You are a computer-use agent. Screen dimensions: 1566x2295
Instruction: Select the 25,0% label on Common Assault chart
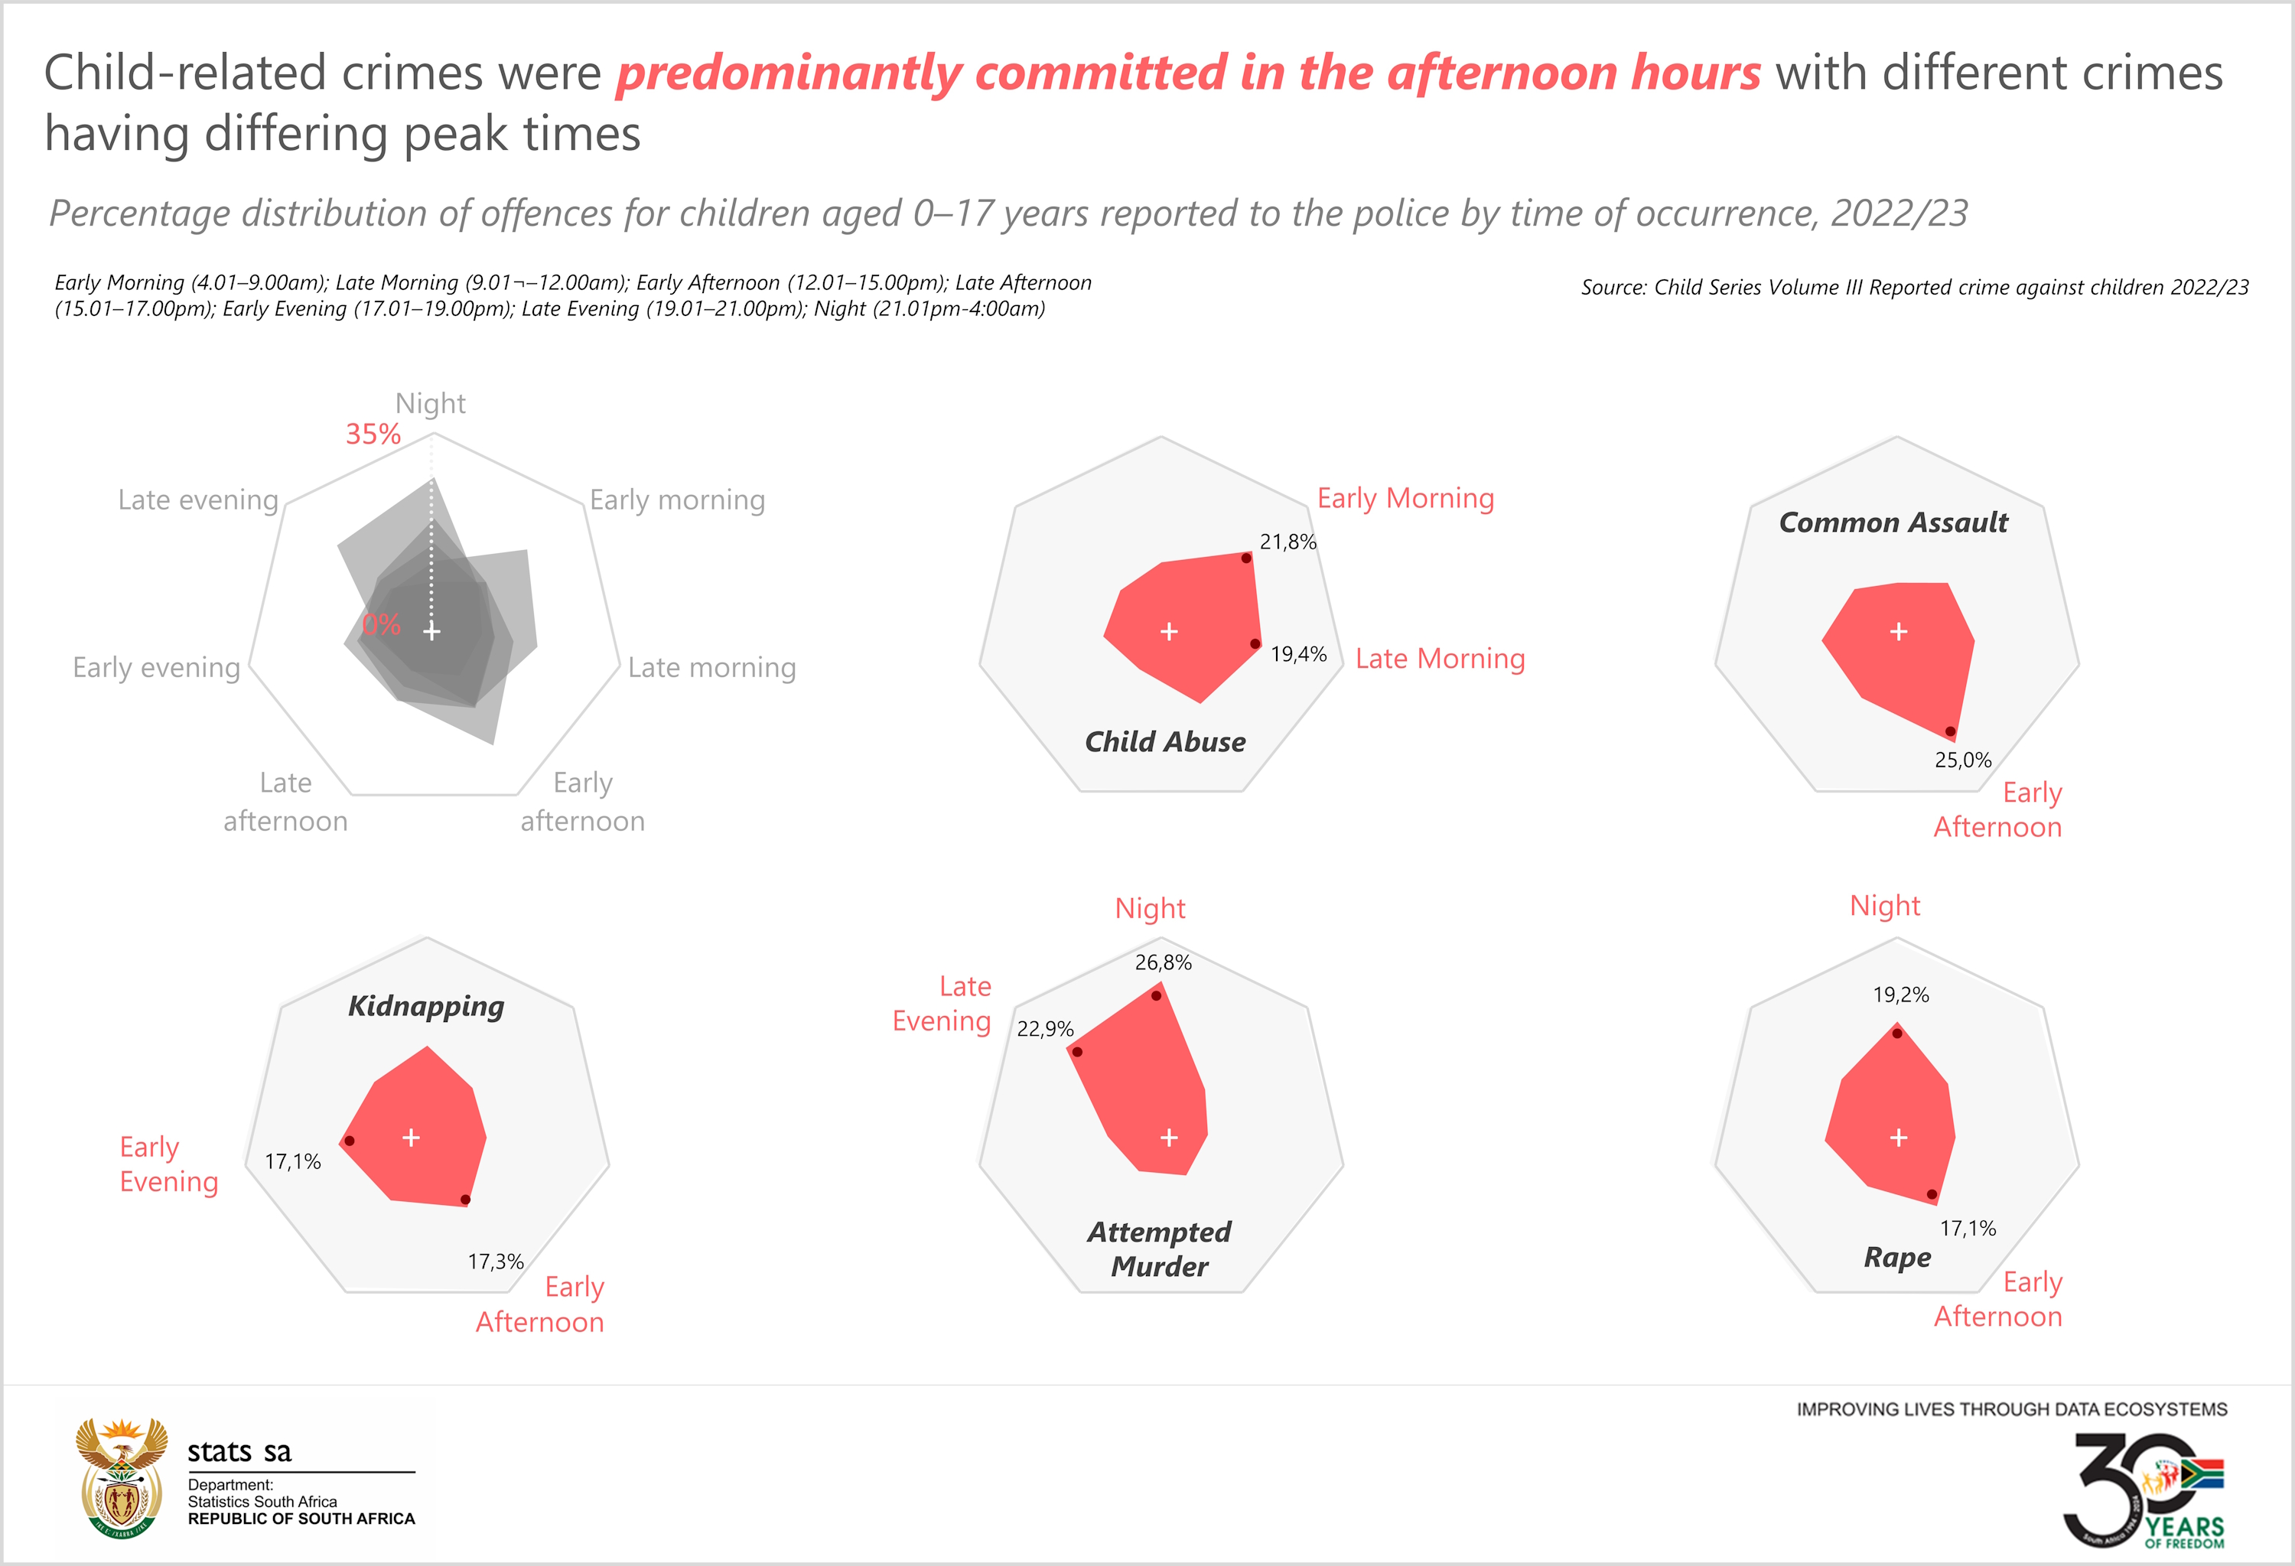click(x=1962, y=760)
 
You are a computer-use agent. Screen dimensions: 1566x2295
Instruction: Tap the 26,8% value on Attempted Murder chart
click(x=1164, y=962)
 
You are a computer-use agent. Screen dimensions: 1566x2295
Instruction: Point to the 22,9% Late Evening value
click(x=1045, y=1029)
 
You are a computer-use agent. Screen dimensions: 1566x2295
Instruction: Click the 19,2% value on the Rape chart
click(x=1901, y=995)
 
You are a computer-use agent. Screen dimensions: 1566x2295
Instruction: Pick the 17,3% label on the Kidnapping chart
click(x=496, y=1261)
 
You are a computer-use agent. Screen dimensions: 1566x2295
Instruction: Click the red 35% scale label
click(x=373, y=435)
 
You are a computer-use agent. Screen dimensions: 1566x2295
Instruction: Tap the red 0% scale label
click(x=381, y=624)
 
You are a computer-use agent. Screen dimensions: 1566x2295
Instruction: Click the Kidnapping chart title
click(x=425, y=1006)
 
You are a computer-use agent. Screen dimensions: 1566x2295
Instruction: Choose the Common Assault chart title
click(x=1893, y=523)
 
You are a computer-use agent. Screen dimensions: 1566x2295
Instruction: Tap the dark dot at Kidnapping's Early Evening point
click(x=349, y=1141)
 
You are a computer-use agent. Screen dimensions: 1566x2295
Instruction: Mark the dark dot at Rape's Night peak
click(x=1897, y=1033)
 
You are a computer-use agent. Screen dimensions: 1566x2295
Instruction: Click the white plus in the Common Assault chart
click(x=1898, y=631)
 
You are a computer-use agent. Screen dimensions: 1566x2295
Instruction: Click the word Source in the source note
click(x=1613, y=288)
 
